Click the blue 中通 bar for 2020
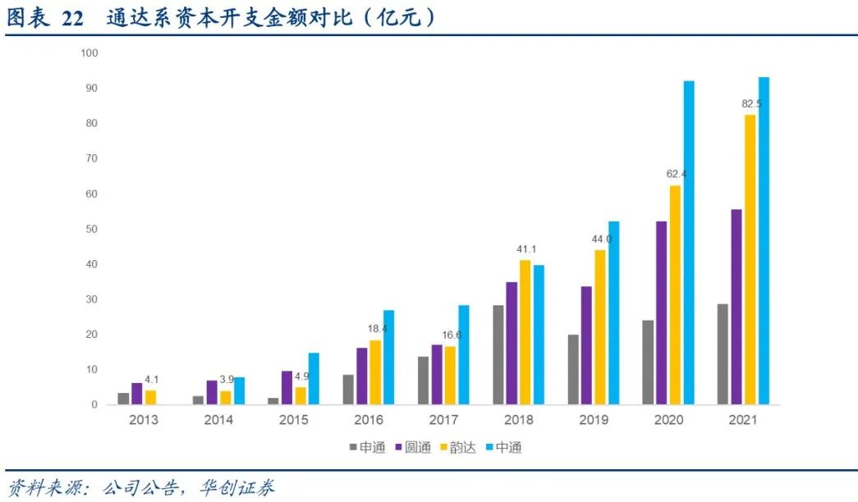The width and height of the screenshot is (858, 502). click(x=689, y=243)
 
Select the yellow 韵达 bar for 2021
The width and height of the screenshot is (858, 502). click(x=750, y=260)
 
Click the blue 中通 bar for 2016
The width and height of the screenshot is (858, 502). click(x=389, y=358)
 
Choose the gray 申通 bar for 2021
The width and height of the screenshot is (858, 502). click(x=722, y=354)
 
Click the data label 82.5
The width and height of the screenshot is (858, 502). click(x=750, y=104)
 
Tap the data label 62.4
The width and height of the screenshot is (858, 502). click(x=675, y=175)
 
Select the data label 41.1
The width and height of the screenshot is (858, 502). click(x=525, y=249)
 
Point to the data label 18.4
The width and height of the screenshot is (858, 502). click(x=375, y=329)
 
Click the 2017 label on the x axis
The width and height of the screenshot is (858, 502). click(x=443, y=420)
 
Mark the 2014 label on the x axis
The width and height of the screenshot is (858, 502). click(x=218, y=420)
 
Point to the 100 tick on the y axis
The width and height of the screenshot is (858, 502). click(x=89, y=53)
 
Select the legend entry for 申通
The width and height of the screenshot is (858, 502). click(x=366, y=448)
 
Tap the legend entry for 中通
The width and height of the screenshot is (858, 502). click(x=503, y=448)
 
